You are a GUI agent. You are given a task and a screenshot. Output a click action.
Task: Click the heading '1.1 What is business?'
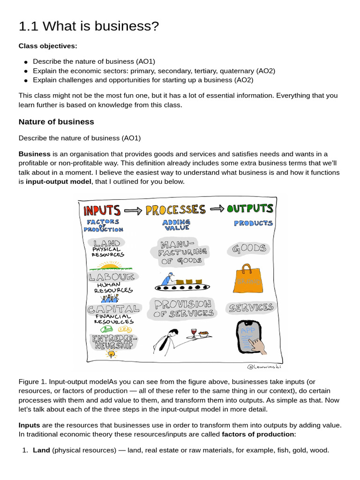pos(89,27)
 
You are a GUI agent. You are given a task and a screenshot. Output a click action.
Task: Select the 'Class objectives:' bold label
pos(48,46)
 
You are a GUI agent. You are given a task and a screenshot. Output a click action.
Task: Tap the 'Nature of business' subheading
pos(56,122)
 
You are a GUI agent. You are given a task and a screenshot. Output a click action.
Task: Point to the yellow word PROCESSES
pos(175,210)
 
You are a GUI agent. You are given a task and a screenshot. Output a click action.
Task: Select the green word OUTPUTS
pos(249,208)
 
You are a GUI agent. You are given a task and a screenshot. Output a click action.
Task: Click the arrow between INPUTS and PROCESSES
pos(133,211)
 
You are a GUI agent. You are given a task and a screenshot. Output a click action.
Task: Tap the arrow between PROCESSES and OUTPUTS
pos(216,210)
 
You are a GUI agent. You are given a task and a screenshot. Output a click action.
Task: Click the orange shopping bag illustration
pos(247,278)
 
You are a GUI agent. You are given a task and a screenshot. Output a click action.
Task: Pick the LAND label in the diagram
pos(107,243)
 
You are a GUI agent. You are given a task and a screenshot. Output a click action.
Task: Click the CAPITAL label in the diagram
pos(113,309)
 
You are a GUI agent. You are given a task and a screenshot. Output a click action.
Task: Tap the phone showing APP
pos(248,337)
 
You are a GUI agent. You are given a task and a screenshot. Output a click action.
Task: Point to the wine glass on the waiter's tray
pos(194,333)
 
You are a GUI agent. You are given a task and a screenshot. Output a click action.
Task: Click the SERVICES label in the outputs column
pos(251,308)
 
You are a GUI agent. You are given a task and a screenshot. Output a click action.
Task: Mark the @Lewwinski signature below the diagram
pos(264,366)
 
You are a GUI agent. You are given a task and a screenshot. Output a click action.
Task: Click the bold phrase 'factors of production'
pos(257,434)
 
